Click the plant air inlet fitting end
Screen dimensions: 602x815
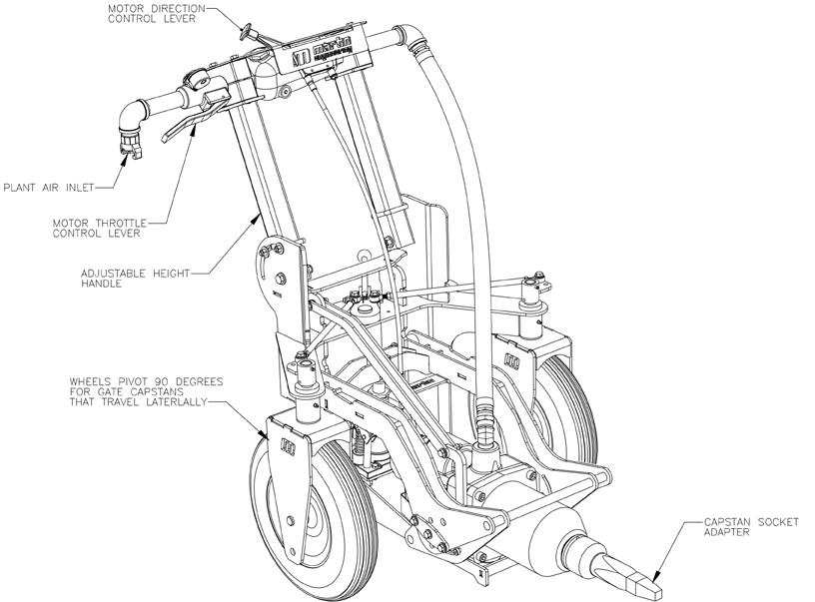click(130, 147)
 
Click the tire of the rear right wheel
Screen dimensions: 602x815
click(562, 399)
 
